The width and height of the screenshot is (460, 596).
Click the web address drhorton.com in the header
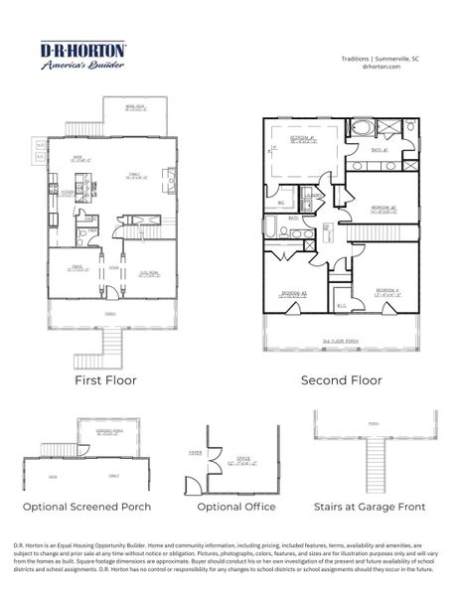pos(383,68)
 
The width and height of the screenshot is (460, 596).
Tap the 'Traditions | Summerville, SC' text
pos(383,59)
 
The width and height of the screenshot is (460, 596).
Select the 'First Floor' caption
pos(106,379)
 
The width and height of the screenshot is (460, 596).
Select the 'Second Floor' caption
pos(341,379)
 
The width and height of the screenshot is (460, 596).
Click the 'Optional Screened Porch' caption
pos(87,507)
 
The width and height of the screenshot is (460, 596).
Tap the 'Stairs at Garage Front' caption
pos(369,507)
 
